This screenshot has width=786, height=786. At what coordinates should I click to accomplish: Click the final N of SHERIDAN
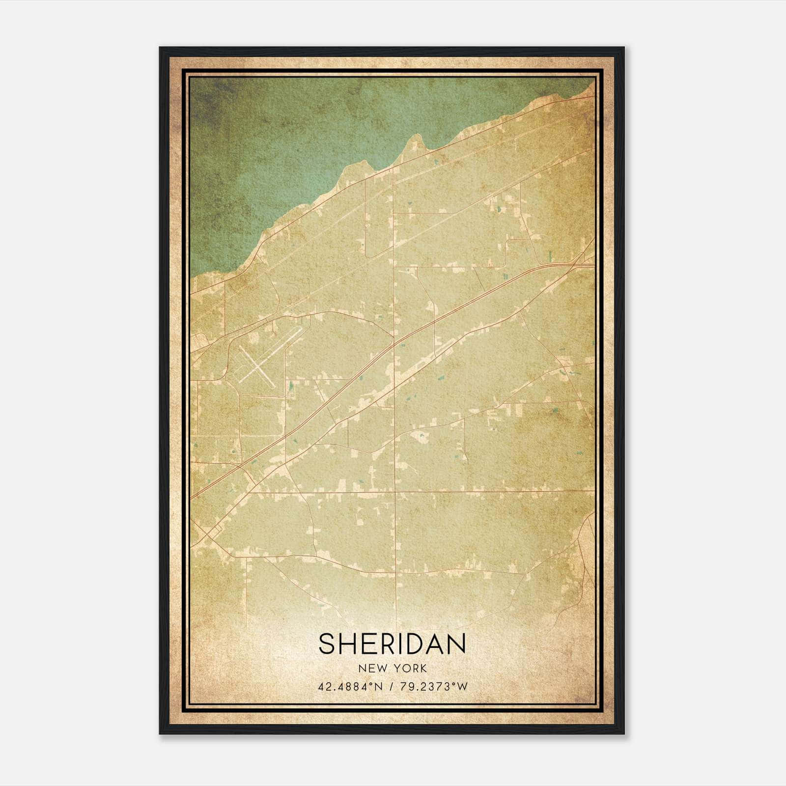coord(457,644)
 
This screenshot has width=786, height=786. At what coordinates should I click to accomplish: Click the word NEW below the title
coord(370,669)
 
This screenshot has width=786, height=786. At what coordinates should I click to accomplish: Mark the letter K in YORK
coord(423,669)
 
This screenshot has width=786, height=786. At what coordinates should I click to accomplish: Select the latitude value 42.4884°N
coord(350,687)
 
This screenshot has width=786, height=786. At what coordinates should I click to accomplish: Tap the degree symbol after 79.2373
coord(453,684)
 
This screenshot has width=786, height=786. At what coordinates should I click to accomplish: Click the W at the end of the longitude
coord(462,687)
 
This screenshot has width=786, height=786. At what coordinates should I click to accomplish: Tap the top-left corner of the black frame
coord(160,48)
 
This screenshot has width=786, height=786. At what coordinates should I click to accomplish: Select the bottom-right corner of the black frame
coord(623,733)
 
